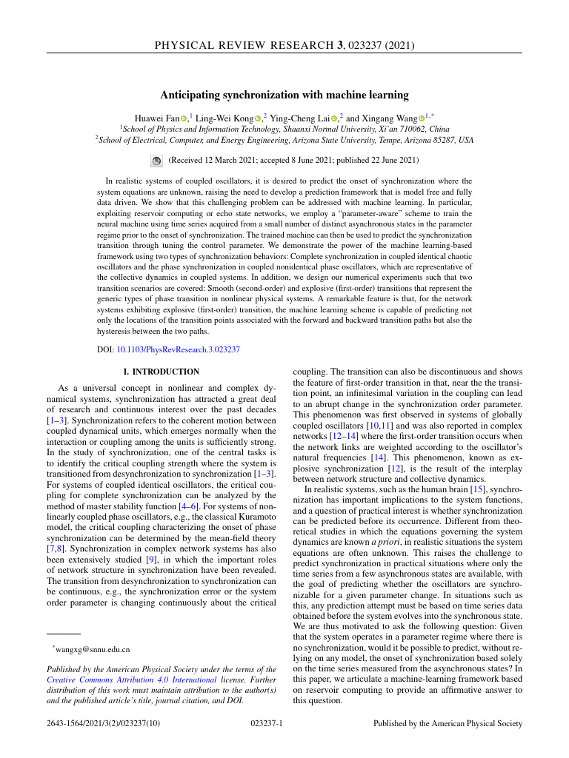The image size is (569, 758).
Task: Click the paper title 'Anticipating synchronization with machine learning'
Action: (x=284, y=95)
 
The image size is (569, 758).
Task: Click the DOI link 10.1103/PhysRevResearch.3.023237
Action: (x=178, y=349)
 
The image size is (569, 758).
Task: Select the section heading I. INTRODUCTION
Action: (x=161, y=372)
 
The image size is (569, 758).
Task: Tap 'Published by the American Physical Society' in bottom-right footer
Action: (x=447, y=723)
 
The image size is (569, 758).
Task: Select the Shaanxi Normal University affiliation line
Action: (x=284, y=128)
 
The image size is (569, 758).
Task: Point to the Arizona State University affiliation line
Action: (x=284, y=139)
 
